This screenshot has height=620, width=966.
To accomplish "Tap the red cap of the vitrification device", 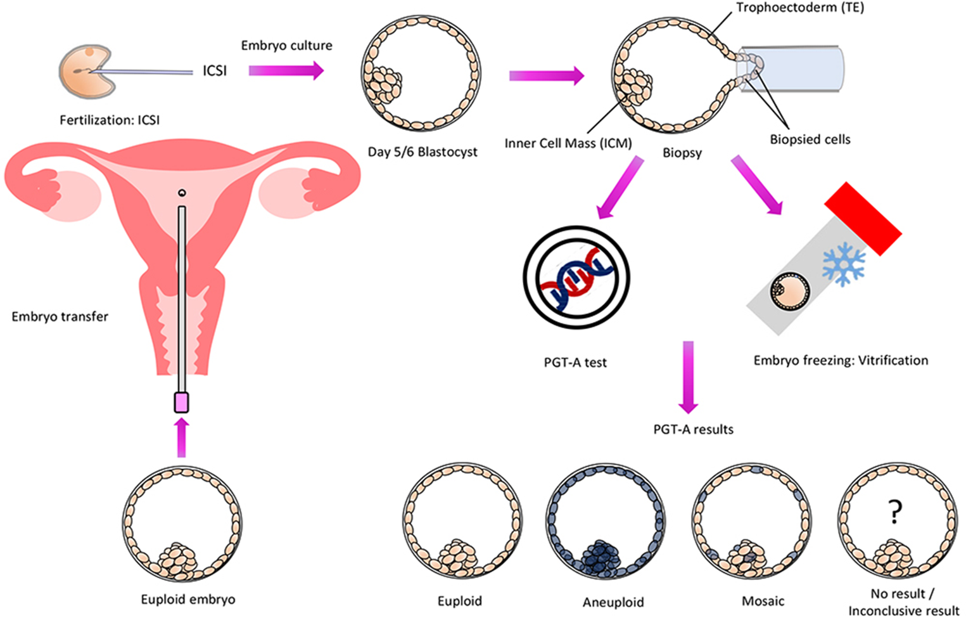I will point(863,219).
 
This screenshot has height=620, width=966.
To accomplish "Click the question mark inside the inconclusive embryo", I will point(894,511).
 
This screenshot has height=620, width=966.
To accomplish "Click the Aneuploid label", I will point(613,602).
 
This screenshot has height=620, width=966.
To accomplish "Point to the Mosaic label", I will point(763,601).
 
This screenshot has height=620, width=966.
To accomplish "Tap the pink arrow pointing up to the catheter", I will point(182,437).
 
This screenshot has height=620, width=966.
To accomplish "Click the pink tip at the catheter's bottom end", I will point(182,403).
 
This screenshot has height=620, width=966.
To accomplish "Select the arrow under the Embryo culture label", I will point(286,70).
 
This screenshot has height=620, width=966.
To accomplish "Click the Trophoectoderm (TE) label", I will point(799,8).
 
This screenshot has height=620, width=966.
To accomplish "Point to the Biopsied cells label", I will point(810,139).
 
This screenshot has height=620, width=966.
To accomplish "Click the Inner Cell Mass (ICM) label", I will point(568,144).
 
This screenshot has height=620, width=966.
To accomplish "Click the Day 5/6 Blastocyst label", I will point(423,152).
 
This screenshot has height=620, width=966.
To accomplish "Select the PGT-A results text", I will point(693,430).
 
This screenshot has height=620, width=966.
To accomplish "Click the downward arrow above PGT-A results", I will point(688,377).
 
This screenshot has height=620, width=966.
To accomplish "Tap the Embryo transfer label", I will point(60,316).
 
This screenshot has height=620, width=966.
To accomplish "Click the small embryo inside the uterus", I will point(182,193).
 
